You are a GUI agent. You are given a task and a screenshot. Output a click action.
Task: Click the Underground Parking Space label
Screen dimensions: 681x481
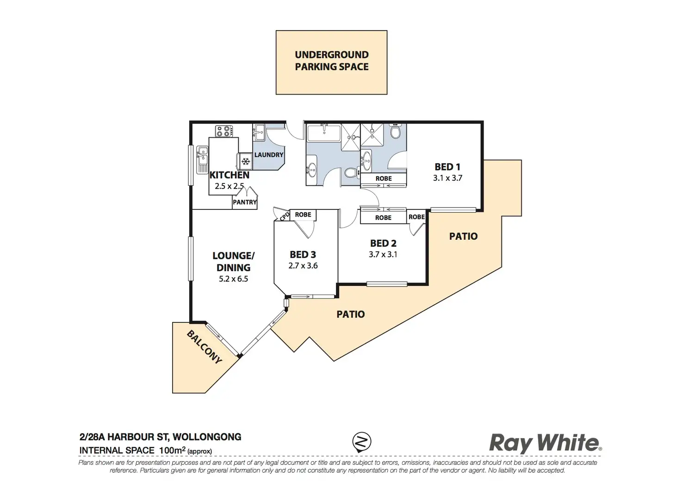(332, 61)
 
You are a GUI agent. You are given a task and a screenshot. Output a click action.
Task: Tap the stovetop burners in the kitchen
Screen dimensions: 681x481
(224, 131)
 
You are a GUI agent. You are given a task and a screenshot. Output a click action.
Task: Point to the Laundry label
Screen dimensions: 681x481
(268, 155)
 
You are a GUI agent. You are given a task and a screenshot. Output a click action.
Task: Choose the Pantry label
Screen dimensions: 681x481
(245, 202)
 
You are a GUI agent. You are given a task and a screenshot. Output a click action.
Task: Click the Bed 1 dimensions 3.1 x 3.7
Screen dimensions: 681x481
(447, 178)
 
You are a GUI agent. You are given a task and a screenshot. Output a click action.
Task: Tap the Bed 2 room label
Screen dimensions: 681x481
(383, 243)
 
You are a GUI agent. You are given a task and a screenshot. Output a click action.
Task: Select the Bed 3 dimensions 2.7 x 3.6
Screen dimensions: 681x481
(303, 266)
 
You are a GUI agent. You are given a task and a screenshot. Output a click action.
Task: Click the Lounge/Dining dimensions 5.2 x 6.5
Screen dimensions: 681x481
(234, 279)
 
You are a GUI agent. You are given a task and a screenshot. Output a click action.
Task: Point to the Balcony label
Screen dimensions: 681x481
(204, 347)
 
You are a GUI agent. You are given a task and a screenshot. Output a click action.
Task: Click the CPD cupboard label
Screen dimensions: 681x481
(285, 216)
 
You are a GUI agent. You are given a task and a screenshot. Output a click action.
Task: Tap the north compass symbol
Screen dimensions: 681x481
(362, 441)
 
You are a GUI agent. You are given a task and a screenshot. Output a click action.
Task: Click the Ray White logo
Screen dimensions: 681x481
(545, 443)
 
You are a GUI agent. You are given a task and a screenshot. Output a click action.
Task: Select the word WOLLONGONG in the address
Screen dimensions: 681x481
(207, 437)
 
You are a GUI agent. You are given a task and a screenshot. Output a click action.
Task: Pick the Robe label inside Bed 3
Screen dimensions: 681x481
(303, 214)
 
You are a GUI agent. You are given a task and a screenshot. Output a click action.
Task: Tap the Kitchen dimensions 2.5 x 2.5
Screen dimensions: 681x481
(229, 186)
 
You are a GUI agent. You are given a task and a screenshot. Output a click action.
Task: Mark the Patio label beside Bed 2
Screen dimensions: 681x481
(463, 236)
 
